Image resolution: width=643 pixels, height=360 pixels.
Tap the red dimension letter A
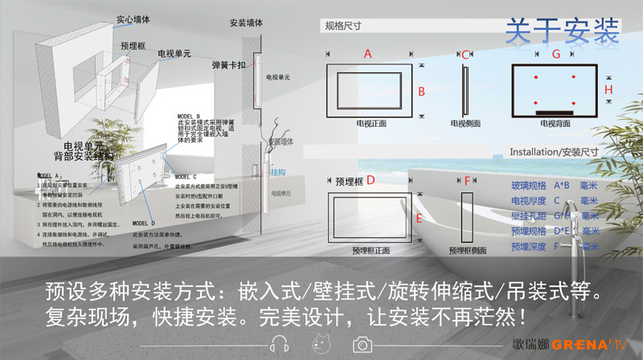click(x=368, y=54)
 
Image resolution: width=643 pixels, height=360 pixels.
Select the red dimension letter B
click(x=421, y=91)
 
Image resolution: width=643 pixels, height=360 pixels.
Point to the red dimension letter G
click(x=556, y=54)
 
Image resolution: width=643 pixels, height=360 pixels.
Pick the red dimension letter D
click(x=371, y=181)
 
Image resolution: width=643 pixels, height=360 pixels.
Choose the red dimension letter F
click(x=467, y=181)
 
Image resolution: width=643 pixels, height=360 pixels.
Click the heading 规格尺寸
click(x=342, y=26)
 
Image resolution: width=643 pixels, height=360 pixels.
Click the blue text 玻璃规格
click(x=526, y=185)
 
